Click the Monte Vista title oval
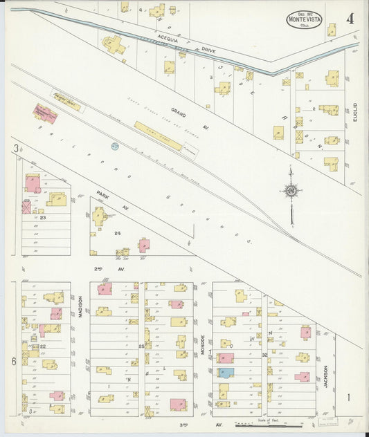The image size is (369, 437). point(304,19)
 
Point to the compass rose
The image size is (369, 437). point(291,190)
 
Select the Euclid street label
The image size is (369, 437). point(354,113)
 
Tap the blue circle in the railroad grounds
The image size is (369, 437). point(115,146)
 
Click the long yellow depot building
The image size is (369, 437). point(158,136)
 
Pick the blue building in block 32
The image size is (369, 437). point(226,372)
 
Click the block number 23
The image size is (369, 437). point(43,218)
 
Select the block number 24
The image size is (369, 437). point(118,233)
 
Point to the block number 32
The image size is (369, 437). point(264,355)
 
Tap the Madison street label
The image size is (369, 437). point(80,305)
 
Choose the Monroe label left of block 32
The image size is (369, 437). point(203,345)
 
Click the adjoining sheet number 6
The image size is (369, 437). point(14,362)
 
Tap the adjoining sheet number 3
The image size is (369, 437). point(15,149)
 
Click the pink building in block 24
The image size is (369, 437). point(143,245)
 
